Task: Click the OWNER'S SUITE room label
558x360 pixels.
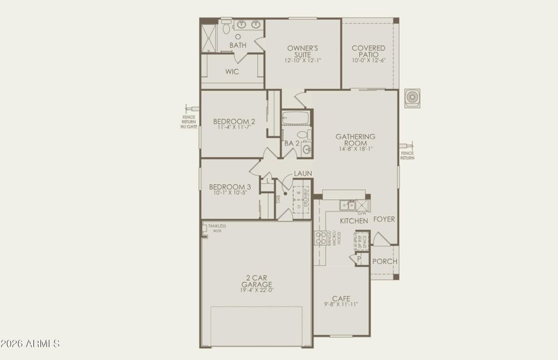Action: pos(299,52)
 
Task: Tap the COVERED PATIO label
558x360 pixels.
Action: pos(368,52)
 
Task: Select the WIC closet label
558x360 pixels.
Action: pos(232,72)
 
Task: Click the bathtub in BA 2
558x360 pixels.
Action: pos(295,118)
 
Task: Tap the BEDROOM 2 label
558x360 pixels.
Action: pos(234,121)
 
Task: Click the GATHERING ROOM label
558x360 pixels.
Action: pos(355,140)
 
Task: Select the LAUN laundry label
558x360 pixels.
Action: pos(303,174)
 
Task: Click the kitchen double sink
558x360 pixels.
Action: pos(347,205)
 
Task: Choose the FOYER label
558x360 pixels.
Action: pos(384,219)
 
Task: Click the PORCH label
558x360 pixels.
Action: pos(385,261)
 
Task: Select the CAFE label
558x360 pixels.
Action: pos(341,298)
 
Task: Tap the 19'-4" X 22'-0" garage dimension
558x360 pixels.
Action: pos(256,290)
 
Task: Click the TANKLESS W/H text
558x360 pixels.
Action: pos(217,228)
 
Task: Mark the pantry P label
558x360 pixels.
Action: pos(359,259)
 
